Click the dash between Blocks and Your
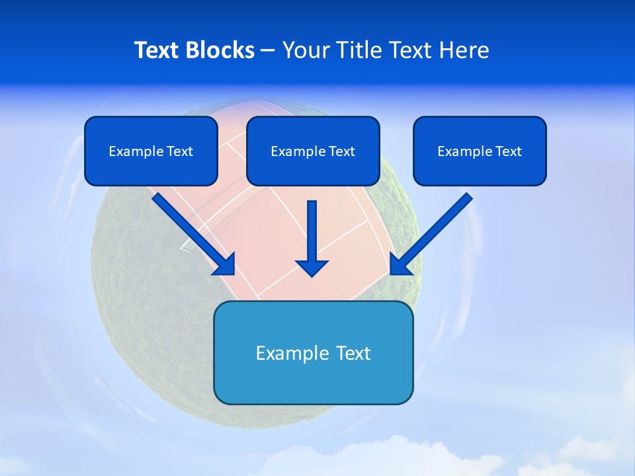coord(268,51)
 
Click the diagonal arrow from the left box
coord(189,229)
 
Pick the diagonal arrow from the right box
coord(436,229)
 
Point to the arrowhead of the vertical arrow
coord(312,268)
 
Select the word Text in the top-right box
coord(508,151)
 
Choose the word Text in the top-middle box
coord(341,151)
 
